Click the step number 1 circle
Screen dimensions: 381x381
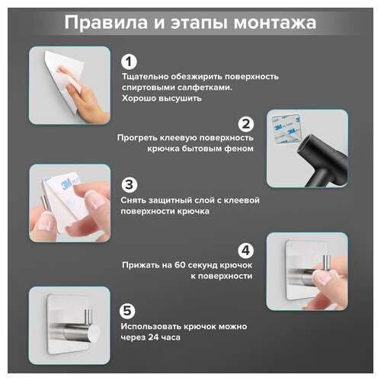130,61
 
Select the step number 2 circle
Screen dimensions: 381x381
245,123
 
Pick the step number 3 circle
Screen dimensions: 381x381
130,184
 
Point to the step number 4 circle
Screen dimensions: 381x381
245,249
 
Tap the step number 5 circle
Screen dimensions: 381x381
130,310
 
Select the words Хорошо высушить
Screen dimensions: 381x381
158,98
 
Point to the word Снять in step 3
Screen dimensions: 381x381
136,200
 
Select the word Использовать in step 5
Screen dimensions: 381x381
153,326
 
